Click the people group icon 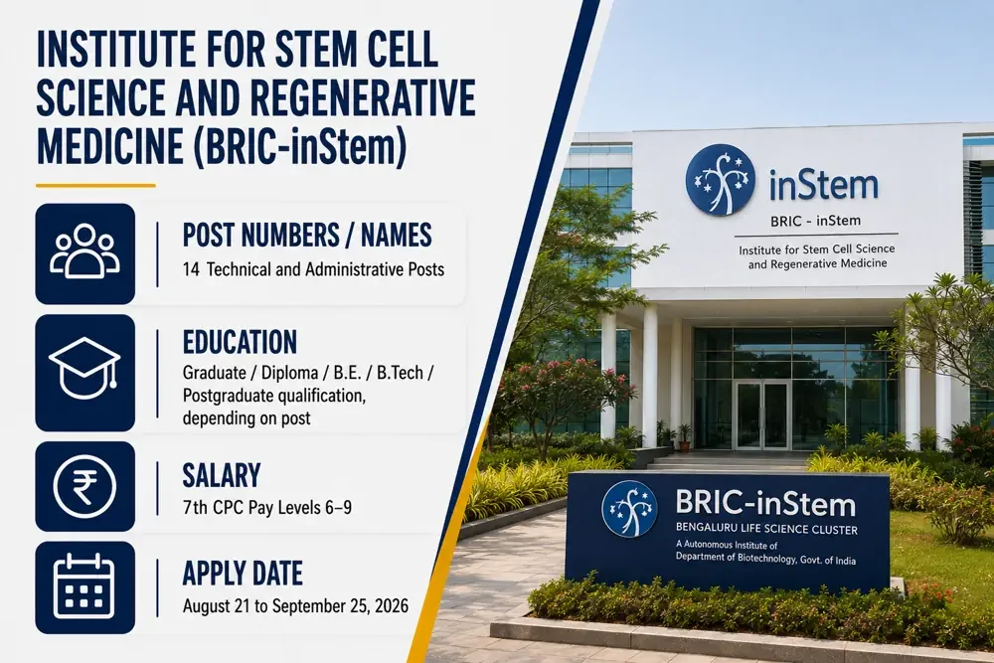pyautogui.click(x=84, y=251)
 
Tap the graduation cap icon pyautogui.click(x=84, y=368)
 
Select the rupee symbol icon pyautogui.click(x=84, y=486)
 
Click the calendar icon pyautogui.click(x=84, y=586)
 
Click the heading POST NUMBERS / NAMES pyautogui.click(x=307, y=236)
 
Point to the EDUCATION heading pyautogui.click(x=240, y=342)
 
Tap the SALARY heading pyautogui.click(x=222, y=475)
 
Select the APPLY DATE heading pyautogui.click(x=243, y=574)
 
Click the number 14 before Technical pyautogui.click(x=191, y=269)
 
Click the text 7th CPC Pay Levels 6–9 pyautogui.click(x=266, y=508)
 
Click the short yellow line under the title pyautogui.click(x=95, y=186)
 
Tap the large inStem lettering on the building pyautogui.click(x=823, y=185)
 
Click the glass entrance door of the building pyautogui.click(x=761, y=414)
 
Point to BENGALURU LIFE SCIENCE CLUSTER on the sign pyautogui.click(x=766, y=529)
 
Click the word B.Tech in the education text pyautogui.click(x=400, y=373)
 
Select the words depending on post pyautogui.click(x=247, y=418)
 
